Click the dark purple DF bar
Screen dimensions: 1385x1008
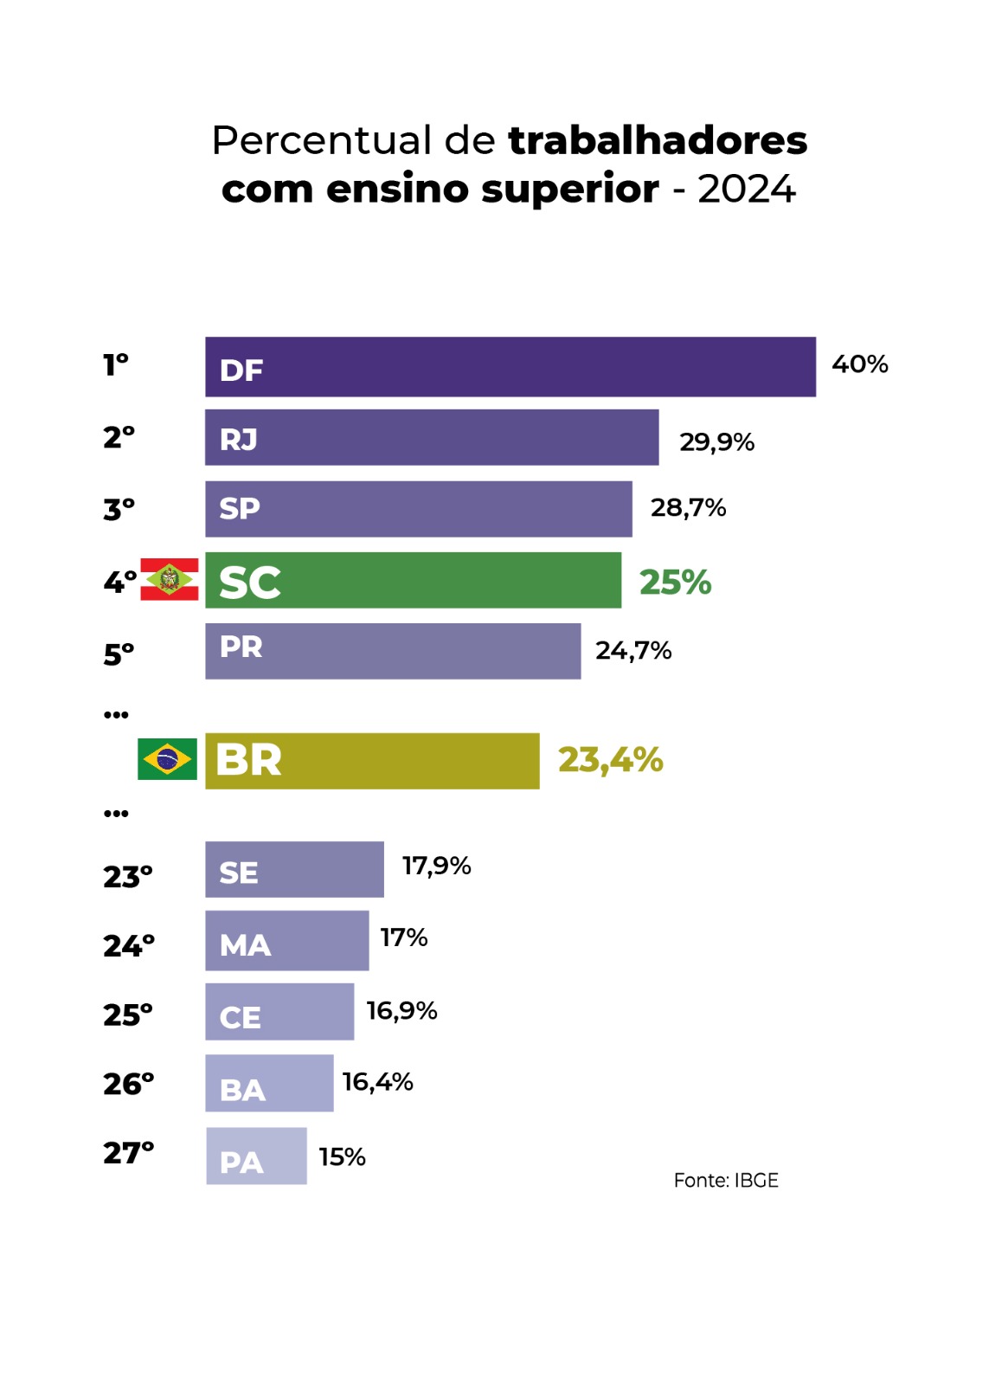tap(510, 367)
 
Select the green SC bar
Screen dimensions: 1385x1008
tap(413, 580)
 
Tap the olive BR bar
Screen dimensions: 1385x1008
tap(372, 761)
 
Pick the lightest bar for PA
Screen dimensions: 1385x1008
tap(256, 1156)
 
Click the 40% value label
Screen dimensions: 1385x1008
tap(859, 364)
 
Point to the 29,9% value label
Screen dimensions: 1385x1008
tap(716, 442)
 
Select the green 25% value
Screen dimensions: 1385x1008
tap(675, 583)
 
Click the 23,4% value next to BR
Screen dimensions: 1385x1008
tap(610, 760)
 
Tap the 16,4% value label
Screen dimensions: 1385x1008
tap(377, 1082)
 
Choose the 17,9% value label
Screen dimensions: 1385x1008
tap(436, 866)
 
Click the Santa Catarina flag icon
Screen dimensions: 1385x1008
tap(170, 579)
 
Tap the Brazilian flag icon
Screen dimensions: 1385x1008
tap(167, 759)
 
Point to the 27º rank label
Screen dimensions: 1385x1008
tap(128, 1153)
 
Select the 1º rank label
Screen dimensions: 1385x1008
tap(116, 364)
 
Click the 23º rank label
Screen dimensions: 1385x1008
tap(127, 877)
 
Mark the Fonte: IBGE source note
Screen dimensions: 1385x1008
tap(726, 1181)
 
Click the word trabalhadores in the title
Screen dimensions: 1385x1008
tap(658, 140)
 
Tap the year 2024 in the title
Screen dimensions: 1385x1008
tap(746, 189)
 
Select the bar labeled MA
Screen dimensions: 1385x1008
tap(286, 941)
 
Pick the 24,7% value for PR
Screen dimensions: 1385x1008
tap(633, 651)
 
